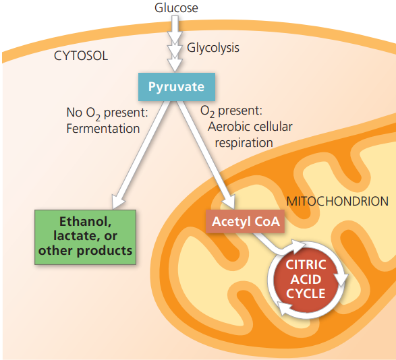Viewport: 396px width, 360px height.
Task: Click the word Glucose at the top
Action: pyautogui.click(x=176, y=8)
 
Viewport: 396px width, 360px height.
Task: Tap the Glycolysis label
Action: pyautogui.click(x=213, y=48)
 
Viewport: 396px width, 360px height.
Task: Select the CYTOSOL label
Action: pyautogui.click(x=81, y=56)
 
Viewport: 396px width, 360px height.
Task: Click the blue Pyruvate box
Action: pyautogui.click(x=176, y=87)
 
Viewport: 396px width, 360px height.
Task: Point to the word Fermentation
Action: pyautogui.click(x=103, y=128)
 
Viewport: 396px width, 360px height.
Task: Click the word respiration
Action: pyautogui.click(x=244, y=142)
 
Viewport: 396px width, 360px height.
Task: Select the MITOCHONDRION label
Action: pyautogui.click(x=337, y=201)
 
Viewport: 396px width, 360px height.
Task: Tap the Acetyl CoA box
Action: pyautogui.click(x=242, y=221)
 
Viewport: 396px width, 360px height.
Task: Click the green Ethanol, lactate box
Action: pyautogui.click(x=86, y=236)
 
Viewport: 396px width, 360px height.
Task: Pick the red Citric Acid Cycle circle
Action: pyautogui.click(x=306, y=278)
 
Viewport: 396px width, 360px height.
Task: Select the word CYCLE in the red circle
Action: pyautogui.click(x=306, y=293)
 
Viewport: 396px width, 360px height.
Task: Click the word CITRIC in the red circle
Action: pyautogui.click(x=306, y=264)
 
